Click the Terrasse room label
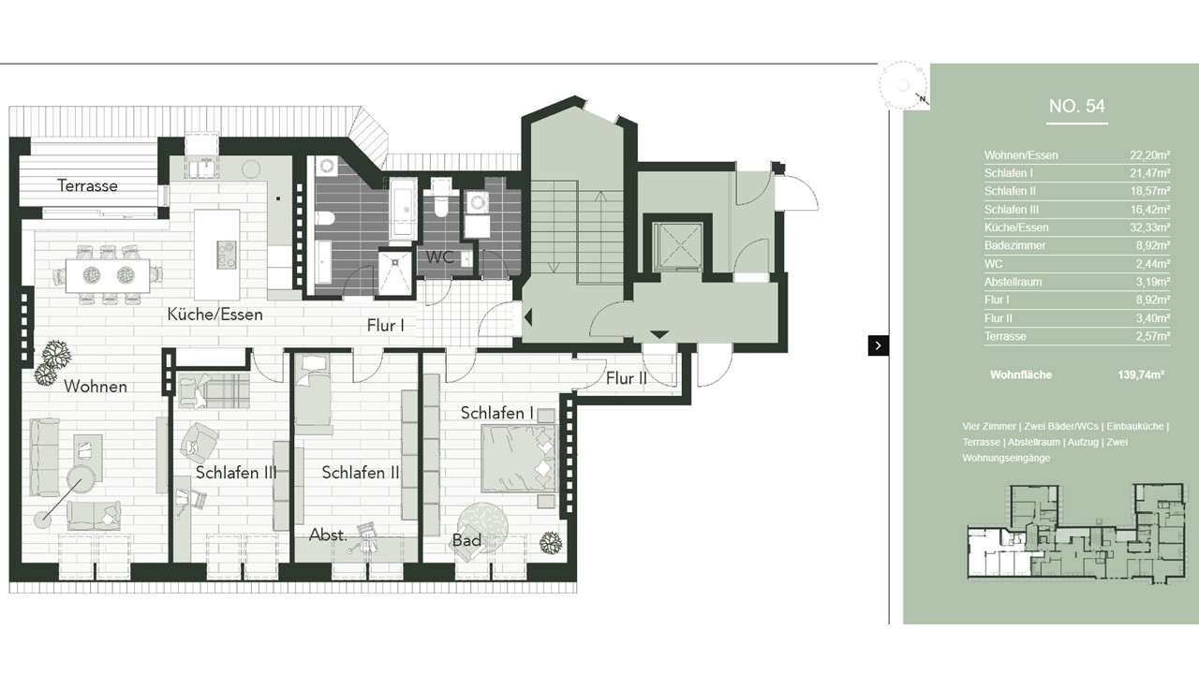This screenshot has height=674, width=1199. pyautogui.click(x=87, y=185)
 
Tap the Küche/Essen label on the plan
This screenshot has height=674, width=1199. pyautogui.click(x=215, y=314)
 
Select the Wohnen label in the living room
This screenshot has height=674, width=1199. pyautogui.click(x=96, y=387)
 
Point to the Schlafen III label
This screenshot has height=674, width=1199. pyautogui.click(x=236, y=473)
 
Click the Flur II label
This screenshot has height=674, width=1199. pyautogui.click(x=627, y=379)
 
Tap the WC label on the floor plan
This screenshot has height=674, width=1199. pyautogui.click(x=439, y=257)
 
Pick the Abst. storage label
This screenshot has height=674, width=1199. pyautogui.click(x=328, y=535)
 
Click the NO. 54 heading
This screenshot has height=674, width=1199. pyautogui.click(x=1077, y=107)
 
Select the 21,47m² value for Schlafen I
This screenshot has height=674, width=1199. pyautogui.click(x=1149, y=173)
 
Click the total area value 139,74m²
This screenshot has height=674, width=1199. pyautogui.click(x=1141, y=375)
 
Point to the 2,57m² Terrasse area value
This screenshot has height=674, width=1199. pyautogui.click(x=1152, y=336)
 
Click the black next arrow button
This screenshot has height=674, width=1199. pyautogui.click(x=879, y=345)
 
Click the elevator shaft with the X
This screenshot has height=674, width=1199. pyautogui.click(x=678, y=245)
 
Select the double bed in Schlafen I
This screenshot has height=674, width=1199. pyautogui.click(x=519, y=459)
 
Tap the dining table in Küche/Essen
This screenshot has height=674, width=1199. pyautogui.click(x=108, y=275)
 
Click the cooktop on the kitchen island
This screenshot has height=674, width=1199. pyautogui.click(x=226, y=255)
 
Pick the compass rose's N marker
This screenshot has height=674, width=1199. pyautogui.click(x=923, y=99)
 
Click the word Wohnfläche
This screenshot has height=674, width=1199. pyautogui.click(x=1021, y=375)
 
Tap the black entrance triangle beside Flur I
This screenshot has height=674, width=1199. pyautogui.click(x=527, y=317)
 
